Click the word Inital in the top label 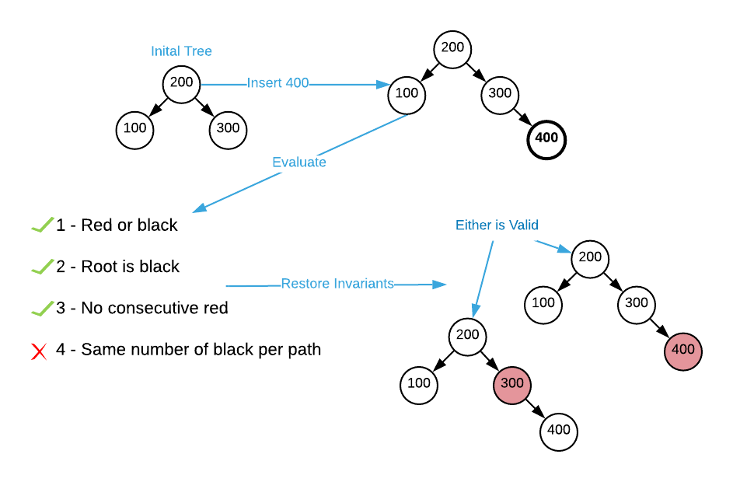pos(165,51)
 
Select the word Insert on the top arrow pos(264,83)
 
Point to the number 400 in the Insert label pos(297,83)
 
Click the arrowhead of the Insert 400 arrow pos(384,84)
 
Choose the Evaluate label pos(298,162)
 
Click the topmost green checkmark pos(43,225)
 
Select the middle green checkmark pos(43,267)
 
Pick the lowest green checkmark pos(43,309)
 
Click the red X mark pos(39,351)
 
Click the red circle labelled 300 pos(512,385)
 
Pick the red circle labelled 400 pos(683,351)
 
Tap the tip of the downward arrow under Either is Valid pos(474,314)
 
